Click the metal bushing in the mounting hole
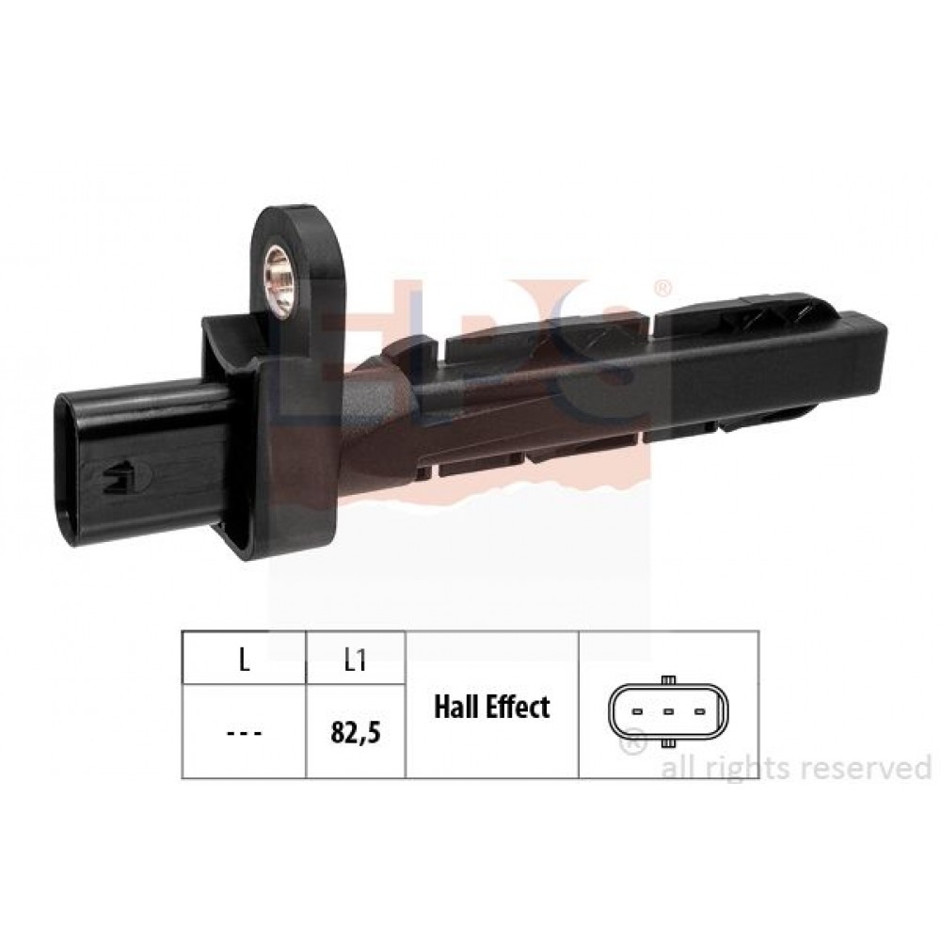(x=279, y=280)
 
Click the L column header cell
(x=244, y=659)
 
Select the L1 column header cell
(x=356, y=659)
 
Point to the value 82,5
(x=356, y=733)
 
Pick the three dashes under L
(x=245, y=733)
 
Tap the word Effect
(x=518, y=707)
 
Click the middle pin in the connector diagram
(x=668, y=712)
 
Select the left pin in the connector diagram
(x=638, y=712)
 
